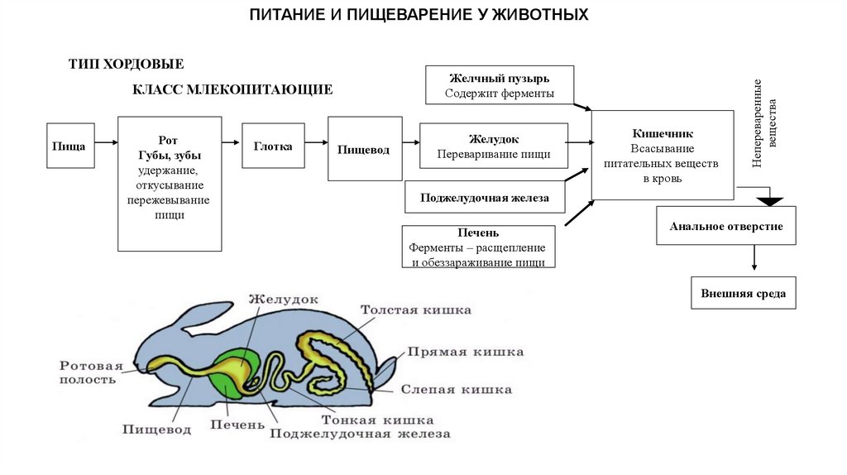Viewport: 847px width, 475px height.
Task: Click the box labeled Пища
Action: click(69, 146)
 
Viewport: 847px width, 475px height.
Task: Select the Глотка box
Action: click(273, 146)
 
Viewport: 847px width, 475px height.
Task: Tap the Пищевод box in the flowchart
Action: click(364, 150)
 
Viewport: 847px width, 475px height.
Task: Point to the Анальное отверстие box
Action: click(725, 226)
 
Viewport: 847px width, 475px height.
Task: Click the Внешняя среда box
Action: click(743, 293)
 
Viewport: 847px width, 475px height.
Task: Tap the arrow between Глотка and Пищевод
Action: click(316, 145)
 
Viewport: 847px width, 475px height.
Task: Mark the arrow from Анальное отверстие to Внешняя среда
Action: click(754, 258)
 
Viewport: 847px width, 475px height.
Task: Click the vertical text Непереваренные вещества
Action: click(766, 124)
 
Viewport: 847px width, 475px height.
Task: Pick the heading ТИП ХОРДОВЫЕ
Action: click(126, 64)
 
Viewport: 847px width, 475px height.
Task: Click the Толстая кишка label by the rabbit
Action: click(415, 310)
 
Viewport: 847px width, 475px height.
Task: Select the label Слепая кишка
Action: click(456, 389)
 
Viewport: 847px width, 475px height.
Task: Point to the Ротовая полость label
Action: click(90, 372)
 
